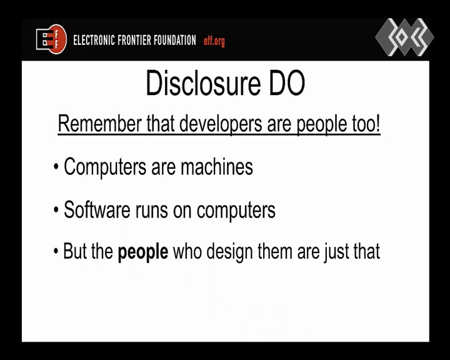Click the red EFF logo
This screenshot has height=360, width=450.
click(51, 39)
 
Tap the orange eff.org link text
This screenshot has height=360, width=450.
click(214, 41)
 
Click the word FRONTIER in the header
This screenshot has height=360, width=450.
click(134, 40)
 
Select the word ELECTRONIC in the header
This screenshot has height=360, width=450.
click(94, 40)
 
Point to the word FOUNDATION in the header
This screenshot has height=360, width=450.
click(174, 40)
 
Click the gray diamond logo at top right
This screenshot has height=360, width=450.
click(404, 37)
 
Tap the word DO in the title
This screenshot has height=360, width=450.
click(287, 83)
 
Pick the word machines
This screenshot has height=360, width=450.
click(217, 166)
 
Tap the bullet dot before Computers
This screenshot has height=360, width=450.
click(56, 167)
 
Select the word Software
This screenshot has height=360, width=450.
click(97, 209)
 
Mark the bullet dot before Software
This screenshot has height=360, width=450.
click(56, 210)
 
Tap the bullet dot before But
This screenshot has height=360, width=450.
click(56, 251)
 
